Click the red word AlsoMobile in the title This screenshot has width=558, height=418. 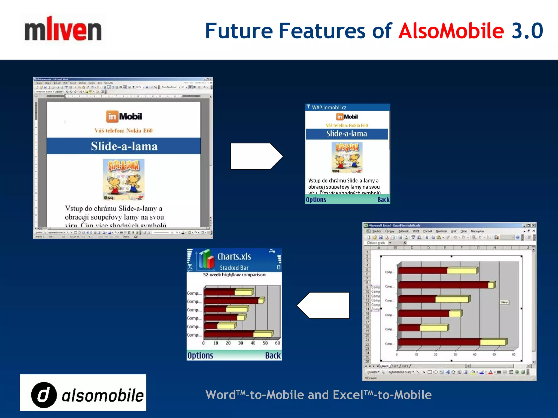(x=451, y=31)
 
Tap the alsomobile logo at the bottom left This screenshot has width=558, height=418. (x=83, y=393)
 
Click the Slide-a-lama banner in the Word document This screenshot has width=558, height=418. (x=124, y=146)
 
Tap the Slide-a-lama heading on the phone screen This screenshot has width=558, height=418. (x=347, y=134)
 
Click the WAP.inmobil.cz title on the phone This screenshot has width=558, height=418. (x=329, y=107)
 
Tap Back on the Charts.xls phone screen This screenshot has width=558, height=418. (x=273, y=356)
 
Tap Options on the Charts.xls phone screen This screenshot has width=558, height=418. (x=200, y=356)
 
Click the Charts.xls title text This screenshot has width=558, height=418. (x=234, y=257)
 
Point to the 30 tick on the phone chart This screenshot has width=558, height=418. (x=241, y=343)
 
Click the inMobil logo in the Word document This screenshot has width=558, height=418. (x=124, y=116)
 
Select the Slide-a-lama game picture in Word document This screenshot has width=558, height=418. (x=123, y=180)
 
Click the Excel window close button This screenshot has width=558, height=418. (x=533, y=225)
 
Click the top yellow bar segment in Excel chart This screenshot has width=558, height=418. (x=462, y=271)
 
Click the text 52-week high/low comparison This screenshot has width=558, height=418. (x=234, y=275)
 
